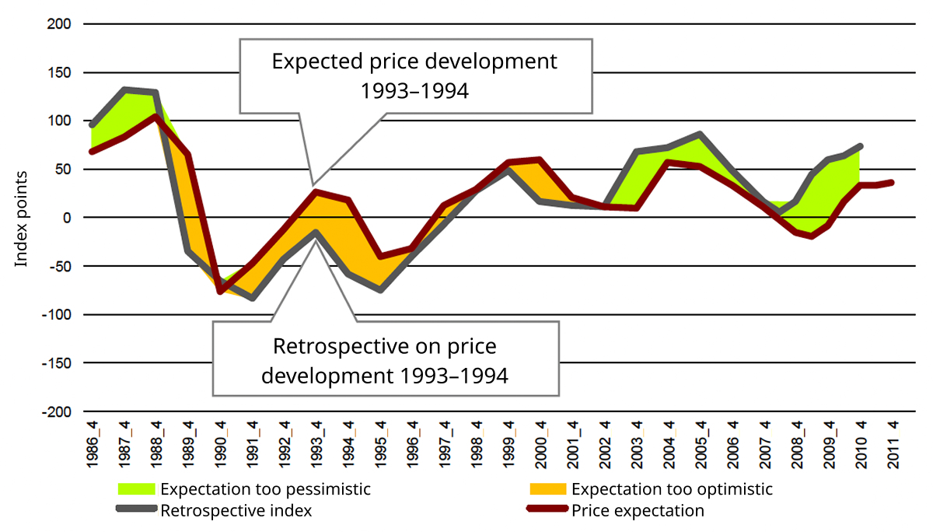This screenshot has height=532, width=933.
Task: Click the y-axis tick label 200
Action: (x=60, y=24)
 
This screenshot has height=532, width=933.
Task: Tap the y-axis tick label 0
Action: (x=68, y=218)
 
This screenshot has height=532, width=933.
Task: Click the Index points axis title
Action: (x=22, y=219)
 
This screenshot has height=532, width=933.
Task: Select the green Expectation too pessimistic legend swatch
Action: (x=137, y=490)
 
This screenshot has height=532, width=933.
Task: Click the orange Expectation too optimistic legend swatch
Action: (x=548, y=490)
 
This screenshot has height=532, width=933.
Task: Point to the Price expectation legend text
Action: (x=638, y=511)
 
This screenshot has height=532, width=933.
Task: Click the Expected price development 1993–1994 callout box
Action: (x=414, y=75)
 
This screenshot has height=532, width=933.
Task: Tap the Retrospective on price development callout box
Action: (x=385, y=359)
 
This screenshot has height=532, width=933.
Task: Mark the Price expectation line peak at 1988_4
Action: (x=156, y=117)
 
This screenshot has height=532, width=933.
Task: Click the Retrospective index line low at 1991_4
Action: (x=253, y=298)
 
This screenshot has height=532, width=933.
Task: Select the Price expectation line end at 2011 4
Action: (x=892, y=183)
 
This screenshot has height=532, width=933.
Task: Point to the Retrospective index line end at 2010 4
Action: (x=861, y=146)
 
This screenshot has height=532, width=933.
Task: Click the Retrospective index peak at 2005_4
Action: (x=701, y=135)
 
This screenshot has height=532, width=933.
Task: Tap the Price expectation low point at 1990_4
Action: (x=221, y=291)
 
